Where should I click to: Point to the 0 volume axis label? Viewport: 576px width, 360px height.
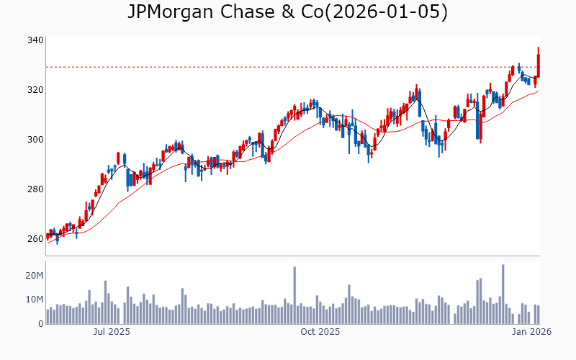click(x=40, y=324)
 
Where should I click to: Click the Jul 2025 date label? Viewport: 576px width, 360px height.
click(x=111, y=332)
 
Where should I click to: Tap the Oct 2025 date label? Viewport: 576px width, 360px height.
click(x=320, y=332)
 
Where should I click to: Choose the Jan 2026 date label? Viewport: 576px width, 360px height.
click(x=531, y=332)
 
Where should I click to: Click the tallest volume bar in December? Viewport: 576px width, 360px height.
click(x=503, y=294)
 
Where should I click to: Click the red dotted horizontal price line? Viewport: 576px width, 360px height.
click(x=288, y=67)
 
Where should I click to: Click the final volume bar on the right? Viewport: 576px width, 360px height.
click(x=539, y=315)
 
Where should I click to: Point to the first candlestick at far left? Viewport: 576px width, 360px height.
click(x=48, y=235)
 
